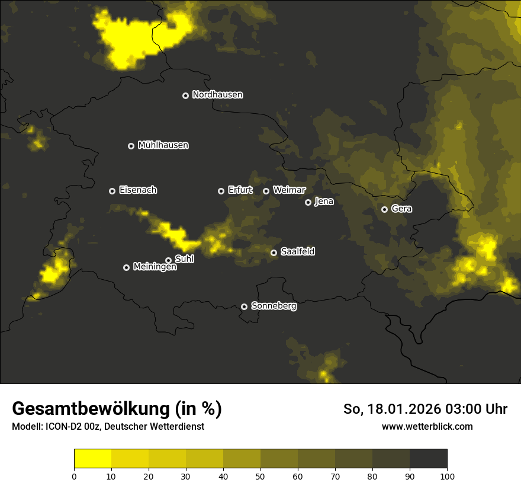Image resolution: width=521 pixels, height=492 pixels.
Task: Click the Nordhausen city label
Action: point(217,95)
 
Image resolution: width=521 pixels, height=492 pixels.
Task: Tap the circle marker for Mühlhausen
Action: point(131,146)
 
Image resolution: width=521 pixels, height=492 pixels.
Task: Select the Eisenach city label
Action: point(138,190)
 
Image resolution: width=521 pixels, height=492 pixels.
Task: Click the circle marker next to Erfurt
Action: point(221,191)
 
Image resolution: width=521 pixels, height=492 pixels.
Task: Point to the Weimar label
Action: point(289,190)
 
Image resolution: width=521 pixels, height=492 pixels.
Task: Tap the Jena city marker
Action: point(308,202)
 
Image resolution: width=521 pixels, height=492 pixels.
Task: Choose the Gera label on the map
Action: point(401,209)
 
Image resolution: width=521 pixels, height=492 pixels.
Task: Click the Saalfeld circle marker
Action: point(274,253)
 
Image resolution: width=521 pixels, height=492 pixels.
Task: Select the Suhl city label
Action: point(185,259)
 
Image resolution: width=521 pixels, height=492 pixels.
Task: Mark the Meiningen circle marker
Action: point(126,267)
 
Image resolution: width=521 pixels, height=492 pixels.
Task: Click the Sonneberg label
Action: point(274,306)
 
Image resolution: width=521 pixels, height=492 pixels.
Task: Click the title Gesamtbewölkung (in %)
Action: point(117,409)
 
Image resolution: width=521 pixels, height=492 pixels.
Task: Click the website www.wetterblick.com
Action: point(427,426)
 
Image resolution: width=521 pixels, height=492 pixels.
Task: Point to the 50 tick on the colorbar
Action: point(260,475)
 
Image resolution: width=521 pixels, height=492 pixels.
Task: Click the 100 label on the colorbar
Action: point(447,475)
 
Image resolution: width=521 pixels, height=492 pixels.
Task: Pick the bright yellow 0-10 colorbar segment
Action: point(92,459)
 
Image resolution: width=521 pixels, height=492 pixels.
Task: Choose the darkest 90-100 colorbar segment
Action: point(428,459)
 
